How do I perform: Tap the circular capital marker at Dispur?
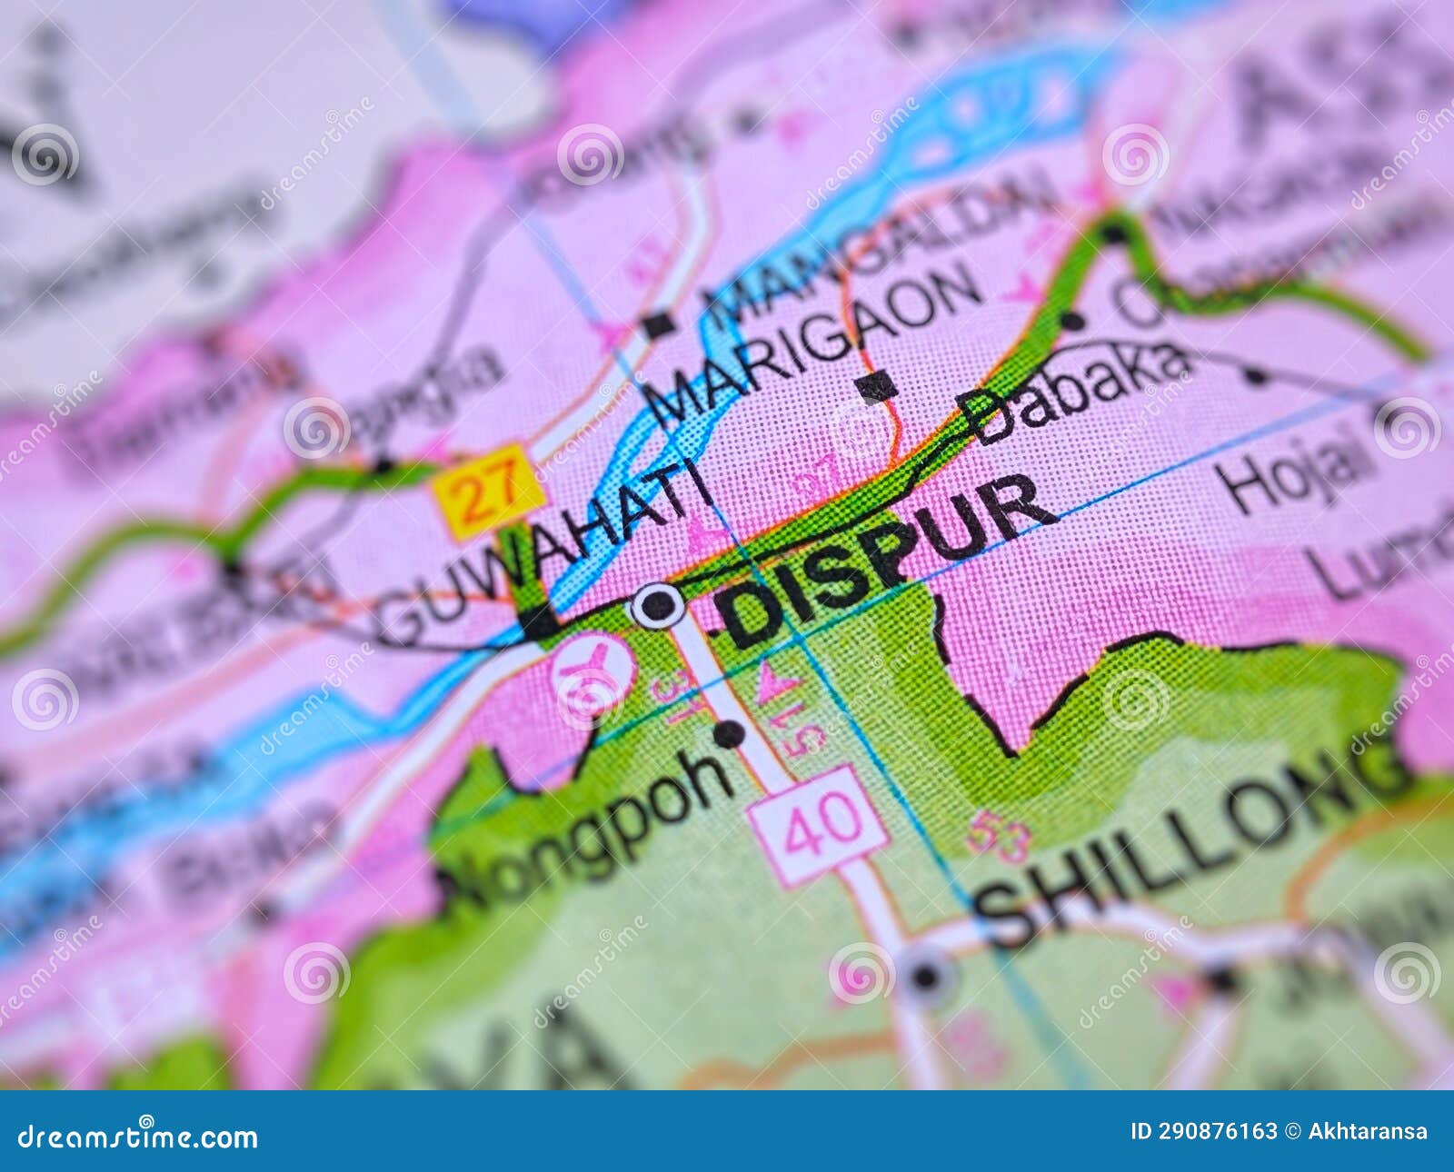[x=658, y=604]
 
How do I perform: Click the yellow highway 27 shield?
[x=490, y=492]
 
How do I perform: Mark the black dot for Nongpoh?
[x=728, y=732]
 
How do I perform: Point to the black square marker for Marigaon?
[x=877, y=387]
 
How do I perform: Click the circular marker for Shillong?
[x=926, y=978]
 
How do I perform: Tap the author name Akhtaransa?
[x=1367, y=1132]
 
